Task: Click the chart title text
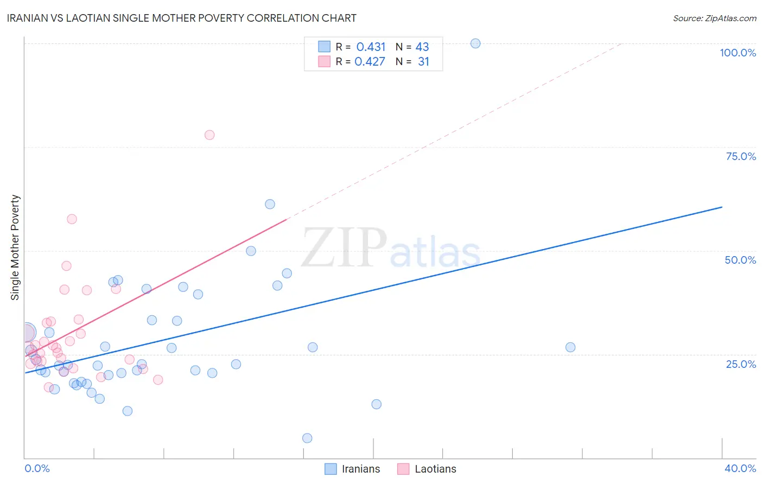click(181, 18)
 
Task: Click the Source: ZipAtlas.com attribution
click(714, 18)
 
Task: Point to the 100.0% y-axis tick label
click(737, 53)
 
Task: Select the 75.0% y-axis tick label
click(741, 156)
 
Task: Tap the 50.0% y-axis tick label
click(740, 260)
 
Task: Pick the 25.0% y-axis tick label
click(741, 364)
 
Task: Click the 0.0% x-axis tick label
click(37, 468)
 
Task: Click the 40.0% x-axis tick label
click(740, 468)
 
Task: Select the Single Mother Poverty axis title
click(15, 247)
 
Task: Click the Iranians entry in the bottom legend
click(360, 469)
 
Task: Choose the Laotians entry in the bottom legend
click(435, 469)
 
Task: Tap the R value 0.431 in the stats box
click(371, 47)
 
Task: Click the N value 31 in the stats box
click(423, 62)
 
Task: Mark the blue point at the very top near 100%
click(475, 43)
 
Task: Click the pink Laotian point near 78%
click(209, 135)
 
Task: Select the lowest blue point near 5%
click(307, 438)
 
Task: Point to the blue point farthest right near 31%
click(570, 347)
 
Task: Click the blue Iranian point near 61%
click(270, 205)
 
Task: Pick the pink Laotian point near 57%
click(72, 219)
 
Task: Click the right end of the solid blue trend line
click(722, 207)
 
